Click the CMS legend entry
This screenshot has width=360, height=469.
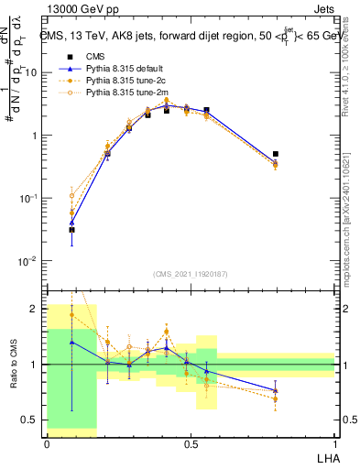pos(97,57)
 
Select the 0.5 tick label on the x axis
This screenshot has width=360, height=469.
pos(191,444)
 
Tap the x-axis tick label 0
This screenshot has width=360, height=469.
pos(47,444)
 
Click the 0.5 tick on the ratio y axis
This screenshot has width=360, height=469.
pos(32,420)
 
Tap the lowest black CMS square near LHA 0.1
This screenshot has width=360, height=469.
pos(71,230)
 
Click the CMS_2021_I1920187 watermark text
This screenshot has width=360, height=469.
pos(191,274)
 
